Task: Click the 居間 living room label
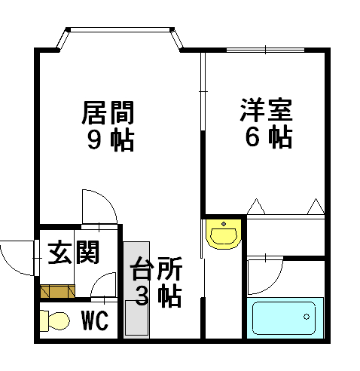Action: [x=108, y=113]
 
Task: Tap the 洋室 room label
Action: [x=266, y=110]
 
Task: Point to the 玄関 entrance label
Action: [x=74, y=252]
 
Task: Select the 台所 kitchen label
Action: [x=156, y=268]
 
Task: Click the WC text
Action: [x=95, y=320]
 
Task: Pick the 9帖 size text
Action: [x=111, y=140]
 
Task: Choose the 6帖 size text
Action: [x=269, y=138]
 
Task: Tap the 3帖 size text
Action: [x=159, y=296]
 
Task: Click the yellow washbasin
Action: [x=224, y=234]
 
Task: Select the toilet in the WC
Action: [x=54, y=320]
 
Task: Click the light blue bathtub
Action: [x=285, y=318]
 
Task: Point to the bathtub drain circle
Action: [x=307, y=317]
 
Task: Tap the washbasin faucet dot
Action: [x=224, y=224]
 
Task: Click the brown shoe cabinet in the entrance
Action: [x=57, y=291]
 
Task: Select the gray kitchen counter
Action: [x=136, y=290]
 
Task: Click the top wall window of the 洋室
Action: [x=266, y=50]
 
